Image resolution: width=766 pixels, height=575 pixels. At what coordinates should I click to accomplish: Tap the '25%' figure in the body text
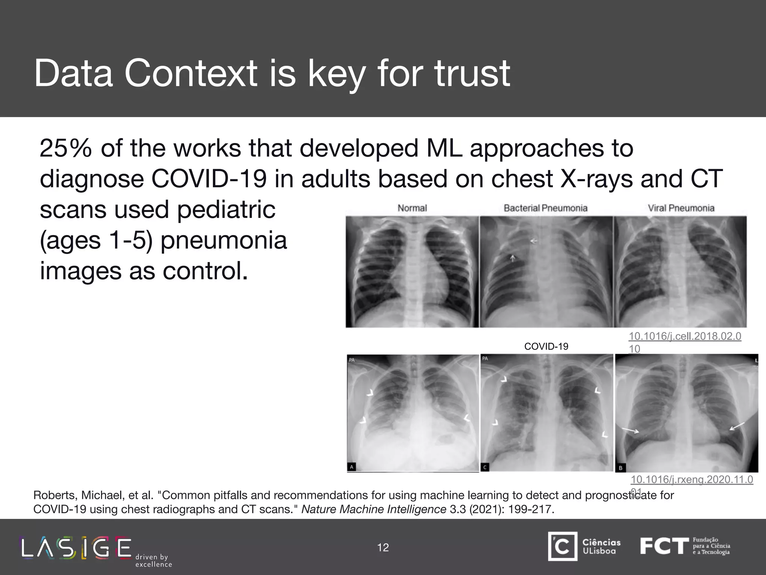click(65, 149)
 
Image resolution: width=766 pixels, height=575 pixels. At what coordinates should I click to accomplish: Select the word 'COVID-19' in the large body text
click(209, 179)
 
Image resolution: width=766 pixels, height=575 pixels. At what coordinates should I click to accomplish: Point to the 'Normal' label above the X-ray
click(412, 208)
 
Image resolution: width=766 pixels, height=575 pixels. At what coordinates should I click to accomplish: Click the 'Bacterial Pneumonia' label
click(545, 208)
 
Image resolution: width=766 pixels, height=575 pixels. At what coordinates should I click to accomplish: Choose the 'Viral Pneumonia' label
click(681, 208)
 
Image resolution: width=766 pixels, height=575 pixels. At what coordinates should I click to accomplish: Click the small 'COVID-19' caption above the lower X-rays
click(546, 346)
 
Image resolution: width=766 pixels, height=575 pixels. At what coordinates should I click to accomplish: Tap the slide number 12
click(383, 548)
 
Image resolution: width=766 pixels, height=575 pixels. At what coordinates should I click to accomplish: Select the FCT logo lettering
click(664, 546)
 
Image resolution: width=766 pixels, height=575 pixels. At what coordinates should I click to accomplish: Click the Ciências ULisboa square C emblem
click(563, 547)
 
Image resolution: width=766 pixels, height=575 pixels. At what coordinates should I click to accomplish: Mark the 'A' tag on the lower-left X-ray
click(352, 467)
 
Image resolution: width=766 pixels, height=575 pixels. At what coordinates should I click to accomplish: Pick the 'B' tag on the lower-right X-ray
click(621, 468)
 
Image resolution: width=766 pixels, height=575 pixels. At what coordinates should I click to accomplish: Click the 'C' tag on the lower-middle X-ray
click(485, 467)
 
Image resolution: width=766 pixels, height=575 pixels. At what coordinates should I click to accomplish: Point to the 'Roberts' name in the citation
click(55, 495)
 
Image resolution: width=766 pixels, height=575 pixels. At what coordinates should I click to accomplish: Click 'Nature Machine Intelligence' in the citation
click(373, 509)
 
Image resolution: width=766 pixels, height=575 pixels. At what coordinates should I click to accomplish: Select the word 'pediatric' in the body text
click(226, 210)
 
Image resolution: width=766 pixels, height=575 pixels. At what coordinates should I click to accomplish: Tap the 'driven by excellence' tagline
click(153, 561)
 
